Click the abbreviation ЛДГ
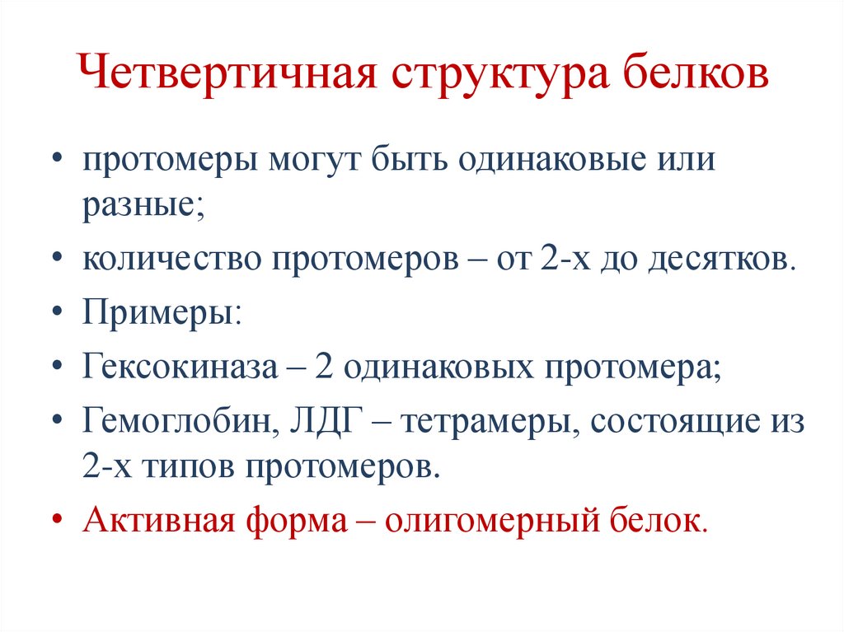320,421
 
